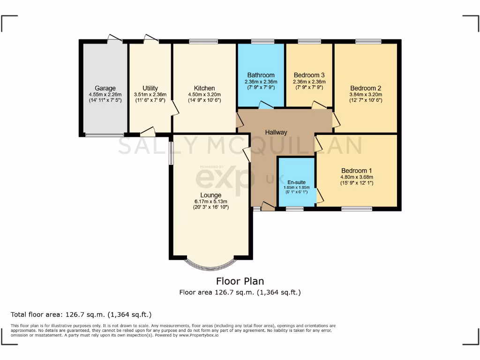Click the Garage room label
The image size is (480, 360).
click(x=105, y=88)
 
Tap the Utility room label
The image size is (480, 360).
click(x=150, y=88)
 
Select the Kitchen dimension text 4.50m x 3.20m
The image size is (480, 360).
click(x=204, y=94)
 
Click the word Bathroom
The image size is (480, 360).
click(x=261, y=75)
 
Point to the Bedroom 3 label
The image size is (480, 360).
click(x=309, y=75)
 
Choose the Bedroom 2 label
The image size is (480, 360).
click(x=366, y=88)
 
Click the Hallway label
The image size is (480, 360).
click(x=276, y=133)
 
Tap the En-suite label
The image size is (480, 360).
click(x=296, y=182)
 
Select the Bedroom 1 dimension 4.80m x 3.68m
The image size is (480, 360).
click(x=357, y=177)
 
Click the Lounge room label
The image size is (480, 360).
click(x=210, y=195)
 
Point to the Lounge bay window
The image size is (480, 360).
click(x=210, y=265)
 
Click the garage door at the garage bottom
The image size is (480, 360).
click(x=105, y=135)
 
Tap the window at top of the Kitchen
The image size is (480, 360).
click(x=203, y=42)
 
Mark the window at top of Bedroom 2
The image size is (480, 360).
click(x=368, y=42)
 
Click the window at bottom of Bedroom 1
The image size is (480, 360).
click(x=357, y=209)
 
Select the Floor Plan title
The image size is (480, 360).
click(x=240, y=281)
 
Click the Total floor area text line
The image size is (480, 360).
click(x=81, y=315)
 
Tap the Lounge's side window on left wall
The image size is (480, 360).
click(x=171, y=153)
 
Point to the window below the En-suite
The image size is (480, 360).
click(x=294, y=209)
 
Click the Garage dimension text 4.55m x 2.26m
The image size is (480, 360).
click(x=105, y=94)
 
